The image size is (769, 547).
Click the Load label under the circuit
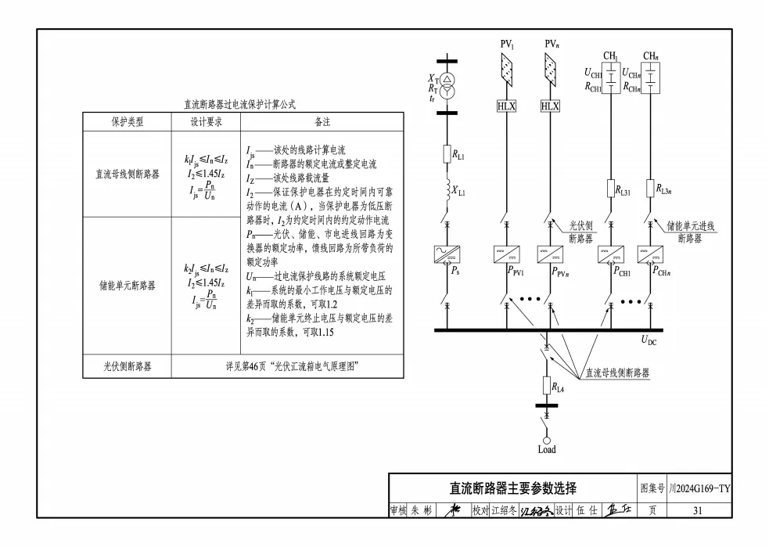[x=547, y=450]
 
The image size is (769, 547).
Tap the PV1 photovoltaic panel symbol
[x=507, y=71]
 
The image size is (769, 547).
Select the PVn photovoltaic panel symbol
[x=551, y=71]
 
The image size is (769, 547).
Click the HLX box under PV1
[x=507, y=106]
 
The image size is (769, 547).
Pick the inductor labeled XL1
[x=446, y=191]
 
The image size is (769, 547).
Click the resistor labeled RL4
[x=547, y=385]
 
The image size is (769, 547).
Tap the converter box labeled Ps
[x=447, y=255]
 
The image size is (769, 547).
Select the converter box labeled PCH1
[x=610, y=255]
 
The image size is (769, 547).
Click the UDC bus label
[x=650, y=340]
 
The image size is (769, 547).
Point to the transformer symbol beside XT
[x=446, y=85]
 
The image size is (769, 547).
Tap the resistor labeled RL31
[x=610, y=189]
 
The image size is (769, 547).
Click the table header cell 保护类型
[x=128, y=122]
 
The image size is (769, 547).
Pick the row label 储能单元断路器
[x=128, y=286]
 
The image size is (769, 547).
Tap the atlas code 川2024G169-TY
[x=699, y=488]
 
